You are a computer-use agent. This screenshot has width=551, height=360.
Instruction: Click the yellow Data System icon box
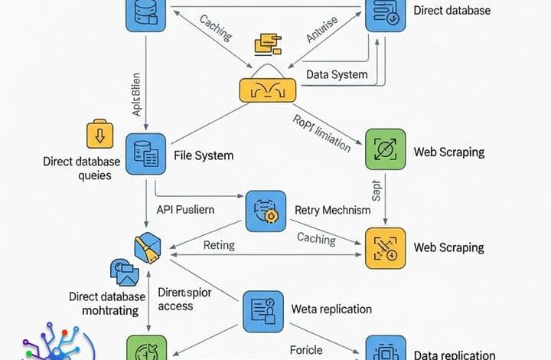[x=267, y=90]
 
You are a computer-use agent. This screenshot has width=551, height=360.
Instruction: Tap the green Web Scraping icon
[x=385, y=149]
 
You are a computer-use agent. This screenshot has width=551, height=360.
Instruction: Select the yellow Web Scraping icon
[x=385, y=247]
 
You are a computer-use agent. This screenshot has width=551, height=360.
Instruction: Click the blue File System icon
[x=145, y=152]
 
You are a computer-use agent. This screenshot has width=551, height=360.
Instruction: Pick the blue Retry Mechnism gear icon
[x=265, y=211]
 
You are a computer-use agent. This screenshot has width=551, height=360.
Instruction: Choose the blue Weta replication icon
[x=262, y=310]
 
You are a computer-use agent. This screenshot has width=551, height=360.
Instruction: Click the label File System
[x=204, y=155]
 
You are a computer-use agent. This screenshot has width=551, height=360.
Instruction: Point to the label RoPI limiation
[x=321, y=131]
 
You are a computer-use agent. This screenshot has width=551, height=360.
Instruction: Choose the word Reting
[x=219, y=245]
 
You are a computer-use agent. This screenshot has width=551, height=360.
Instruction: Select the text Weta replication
[x=331, y=309]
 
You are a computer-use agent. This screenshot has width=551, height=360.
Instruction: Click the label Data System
[x=337, y=75]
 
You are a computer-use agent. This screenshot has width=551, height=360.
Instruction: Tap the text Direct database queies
[x=83, y=169]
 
